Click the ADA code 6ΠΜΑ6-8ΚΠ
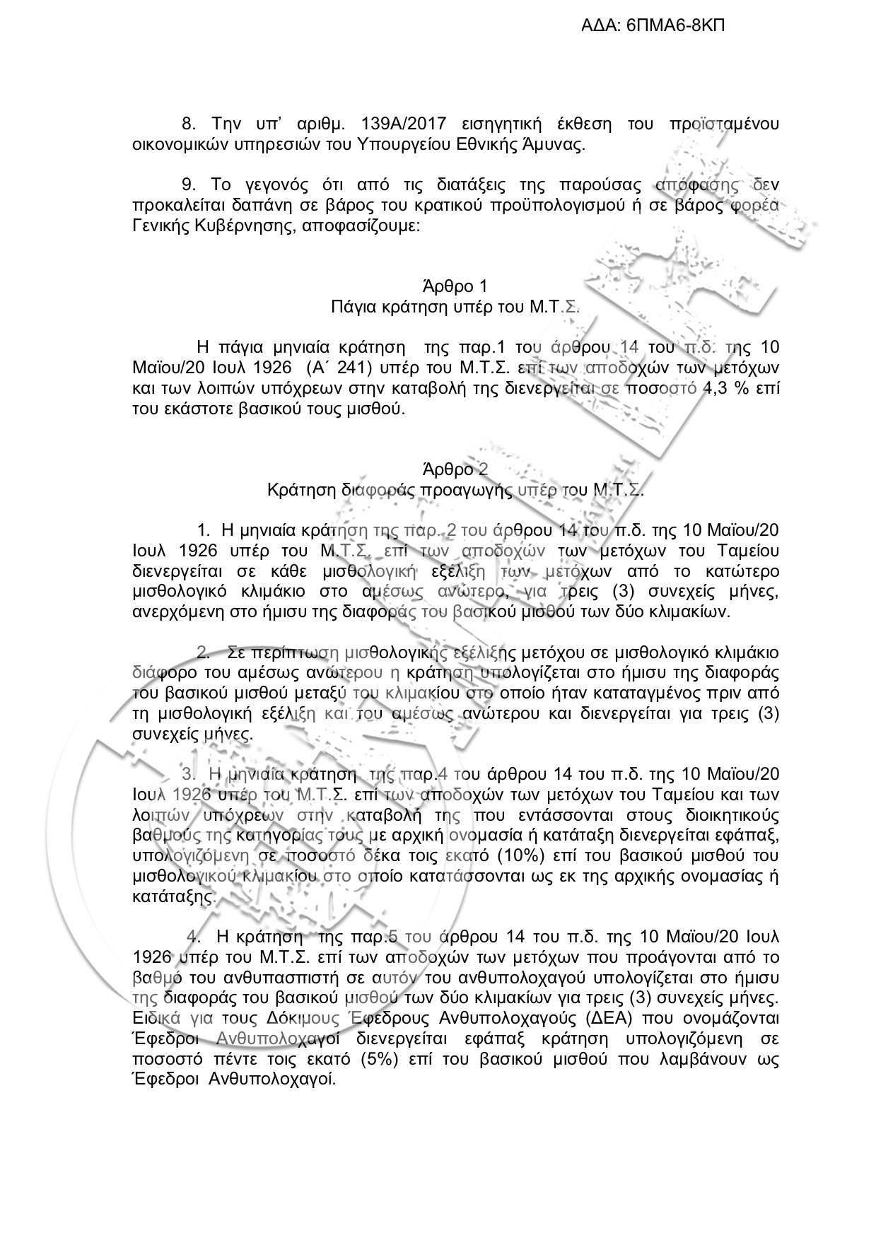[675, 26]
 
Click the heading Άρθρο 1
[455, 286]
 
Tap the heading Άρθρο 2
[455, 469]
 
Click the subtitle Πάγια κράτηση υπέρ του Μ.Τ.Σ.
[455, 307]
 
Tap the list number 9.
[187, 185]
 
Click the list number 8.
[187, 124]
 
